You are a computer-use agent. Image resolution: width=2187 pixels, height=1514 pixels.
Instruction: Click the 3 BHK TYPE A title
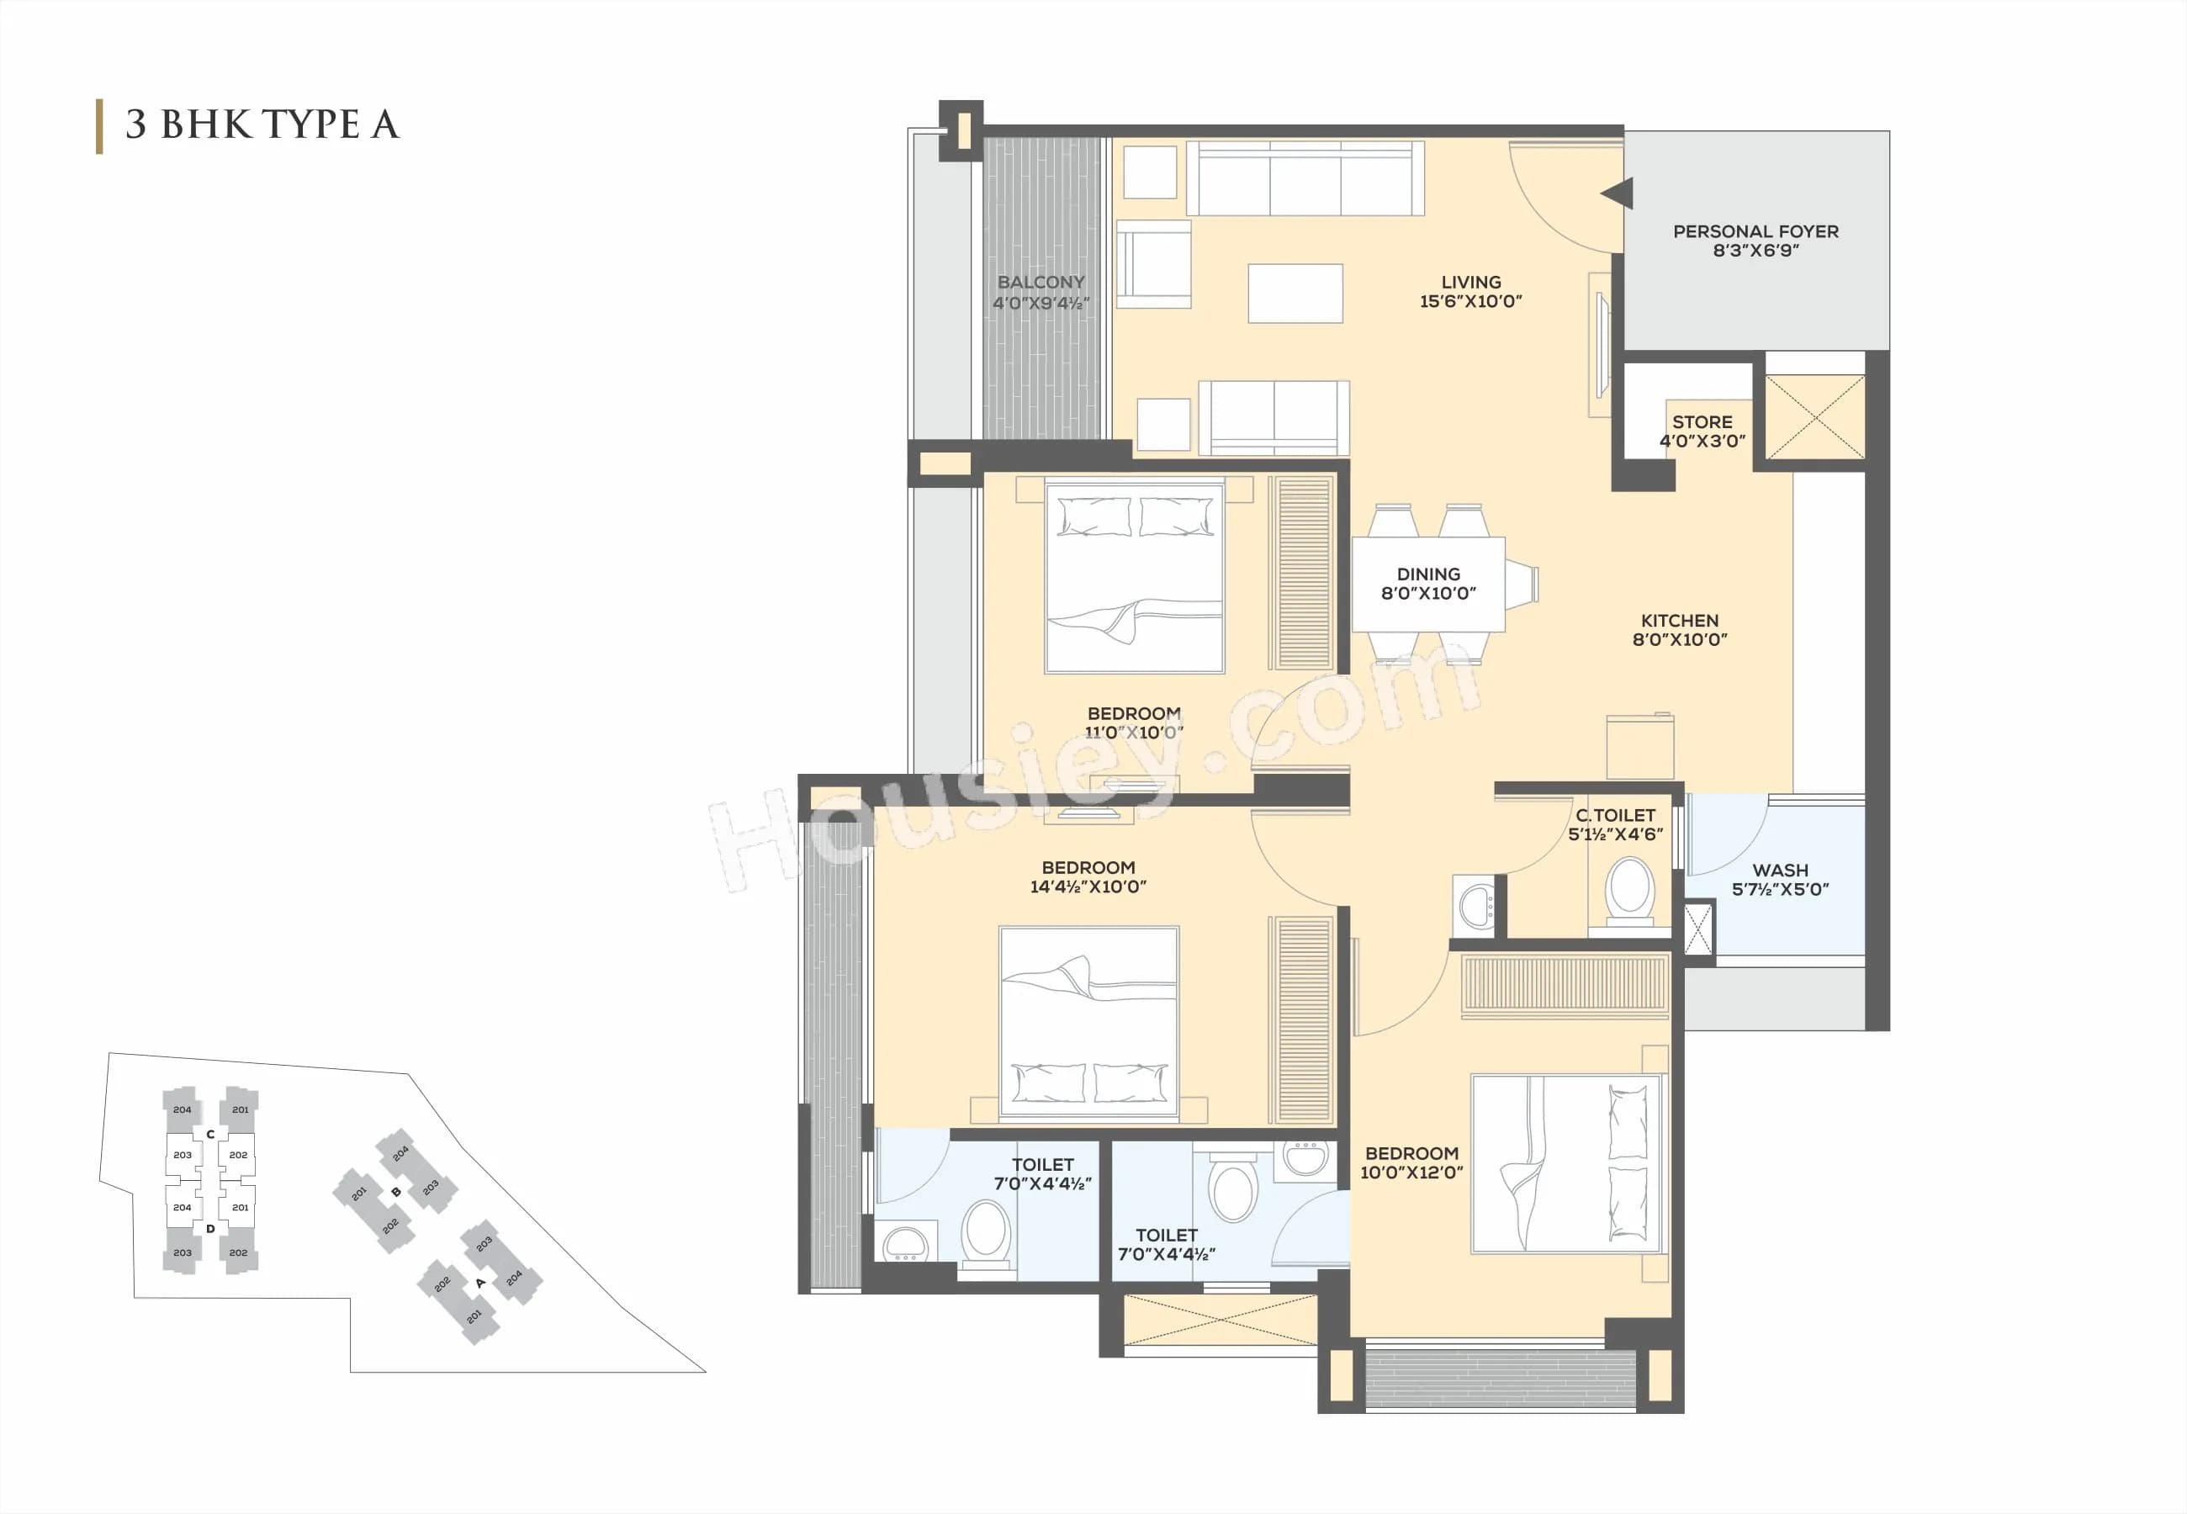point(262,125)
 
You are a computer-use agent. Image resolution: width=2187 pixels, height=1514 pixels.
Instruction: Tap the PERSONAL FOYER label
point(1755,231)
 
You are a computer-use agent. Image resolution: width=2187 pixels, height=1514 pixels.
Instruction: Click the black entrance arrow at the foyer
point(1618,193)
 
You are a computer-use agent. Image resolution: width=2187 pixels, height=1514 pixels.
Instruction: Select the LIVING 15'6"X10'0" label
point(1470,291)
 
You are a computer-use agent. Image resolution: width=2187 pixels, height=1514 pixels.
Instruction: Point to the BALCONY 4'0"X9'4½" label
point(1041,292)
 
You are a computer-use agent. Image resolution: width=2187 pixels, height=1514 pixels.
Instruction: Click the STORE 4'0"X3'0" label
point(1702,431)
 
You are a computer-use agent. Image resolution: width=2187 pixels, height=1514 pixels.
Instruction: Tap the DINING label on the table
point(1427,574)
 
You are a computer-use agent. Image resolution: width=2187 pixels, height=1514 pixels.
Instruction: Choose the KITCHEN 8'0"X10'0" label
point(1679,629)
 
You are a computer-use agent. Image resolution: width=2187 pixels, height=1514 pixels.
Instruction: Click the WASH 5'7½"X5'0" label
point(1779,879)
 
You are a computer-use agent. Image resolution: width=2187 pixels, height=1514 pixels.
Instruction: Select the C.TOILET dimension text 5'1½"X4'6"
point(1614,834)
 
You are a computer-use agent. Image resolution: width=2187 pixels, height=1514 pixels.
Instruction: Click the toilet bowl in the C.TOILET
point(1629,890)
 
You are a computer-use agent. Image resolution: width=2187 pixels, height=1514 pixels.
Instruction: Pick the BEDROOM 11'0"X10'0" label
point(1133,722)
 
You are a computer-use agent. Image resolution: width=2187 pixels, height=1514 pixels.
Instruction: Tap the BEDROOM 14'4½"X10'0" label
point(1088,876)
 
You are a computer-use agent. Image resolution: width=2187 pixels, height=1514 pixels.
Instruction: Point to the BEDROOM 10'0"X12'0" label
point(1411,1162)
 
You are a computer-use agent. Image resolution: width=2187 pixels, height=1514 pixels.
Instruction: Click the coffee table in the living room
point(1295,293)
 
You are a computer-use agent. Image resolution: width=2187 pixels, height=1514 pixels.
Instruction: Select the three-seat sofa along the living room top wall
point(1305,179)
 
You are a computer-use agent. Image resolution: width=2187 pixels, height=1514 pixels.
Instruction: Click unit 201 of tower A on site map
point(474,1315)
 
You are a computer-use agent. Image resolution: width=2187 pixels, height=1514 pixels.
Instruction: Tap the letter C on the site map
point(210,1135)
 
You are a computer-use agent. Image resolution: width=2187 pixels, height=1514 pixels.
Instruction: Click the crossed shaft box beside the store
point(1814,416)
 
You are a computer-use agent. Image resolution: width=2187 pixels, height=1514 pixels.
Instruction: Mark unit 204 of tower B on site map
point(400,1153)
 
